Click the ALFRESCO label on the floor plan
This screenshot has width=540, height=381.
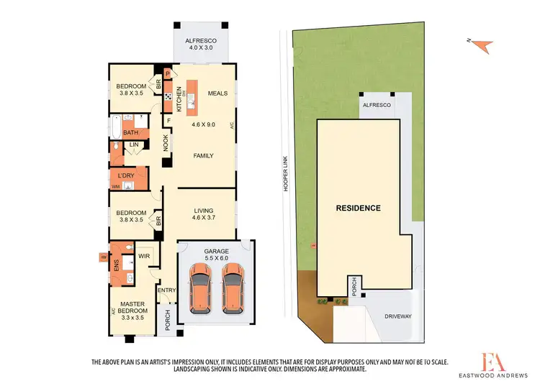tap(202, 41)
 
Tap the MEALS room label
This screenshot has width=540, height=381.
tap(217, 93)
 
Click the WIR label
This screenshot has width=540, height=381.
tap(143, 255)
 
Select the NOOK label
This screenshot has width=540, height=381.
tap(165, 145)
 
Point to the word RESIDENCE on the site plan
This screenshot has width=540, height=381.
tap(359, 208)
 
